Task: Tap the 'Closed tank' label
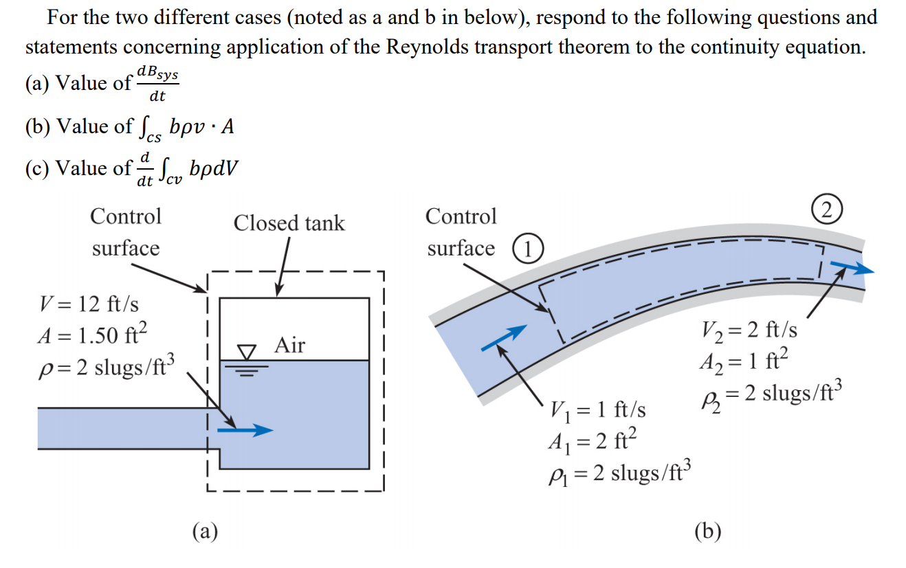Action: (x=289, y=223)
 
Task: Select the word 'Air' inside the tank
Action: (x=289, y=345)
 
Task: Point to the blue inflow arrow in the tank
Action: (x=245, y=431)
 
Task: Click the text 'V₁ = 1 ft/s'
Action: (x=597, y=410)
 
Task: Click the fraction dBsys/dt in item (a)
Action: (x=158, y=83)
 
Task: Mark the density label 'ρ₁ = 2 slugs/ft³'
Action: (x=617, y=474)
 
